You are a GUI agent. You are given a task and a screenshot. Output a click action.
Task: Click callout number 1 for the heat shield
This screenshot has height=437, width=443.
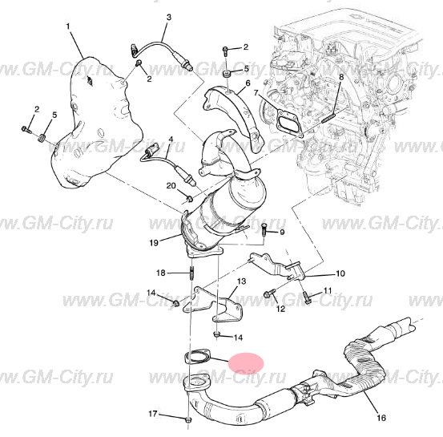[68, 26]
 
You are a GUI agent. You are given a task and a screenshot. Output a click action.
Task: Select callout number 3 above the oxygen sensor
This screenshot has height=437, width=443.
[169, 18]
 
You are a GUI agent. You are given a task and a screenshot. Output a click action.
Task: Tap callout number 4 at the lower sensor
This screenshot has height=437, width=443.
[171, 140]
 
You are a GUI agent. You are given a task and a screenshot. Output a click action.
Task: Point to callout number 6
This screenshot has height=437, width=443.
[248, 83]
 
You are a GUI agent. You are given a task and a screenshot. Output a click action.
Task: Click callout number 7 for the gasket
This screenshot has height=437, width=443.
[256, 93]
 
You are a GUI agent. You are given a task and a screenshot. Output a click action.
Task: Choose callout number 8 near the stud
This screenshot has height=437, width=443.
[341, 76]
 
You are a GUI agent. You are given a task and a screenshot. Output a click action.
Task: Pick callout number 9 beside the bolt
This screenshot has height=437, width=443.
[282, 233]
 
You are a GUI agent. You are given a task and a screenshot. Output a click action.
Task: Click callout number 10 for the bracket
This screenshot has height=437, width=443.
[340, 273]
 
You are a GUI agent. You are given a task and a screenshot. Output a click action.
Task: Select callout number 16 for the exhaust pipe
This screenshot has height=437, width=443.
[381, 418]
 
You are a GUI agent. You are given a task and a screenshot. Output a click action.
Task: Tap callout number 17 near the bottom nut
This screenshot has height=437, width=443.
[152, 414]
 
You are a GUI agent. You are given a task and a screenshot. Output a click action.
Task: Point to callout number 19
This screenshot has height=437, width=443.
[154, 243]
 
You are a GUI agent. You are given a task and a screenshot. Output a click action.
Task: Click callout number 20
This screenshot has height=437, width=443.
[171, 186]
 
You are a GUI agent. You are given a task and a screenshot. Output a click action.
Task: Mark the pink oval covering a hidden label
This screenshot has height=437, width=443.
[246, 363]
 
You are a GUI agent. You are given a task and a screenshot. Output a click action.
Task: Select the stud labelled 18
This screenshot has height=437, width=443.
[191, 273]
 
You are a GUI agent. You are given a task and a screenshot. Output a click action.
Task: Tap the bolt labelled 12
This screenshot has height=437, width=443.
[269, 293]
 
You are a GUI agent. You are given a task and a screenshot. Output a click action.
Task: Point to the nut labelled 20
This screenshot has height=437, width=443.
[190, 198]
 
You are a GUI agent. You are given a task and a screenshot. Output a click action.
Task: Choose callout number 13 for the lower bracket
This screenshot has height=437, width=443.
[242, 281]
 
